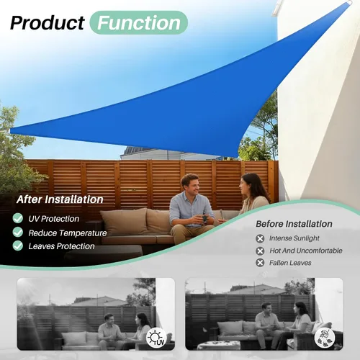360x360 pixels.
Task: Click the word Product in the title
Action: tap(48, 23)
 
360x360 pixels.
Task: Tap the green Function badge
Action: tap(138, 22)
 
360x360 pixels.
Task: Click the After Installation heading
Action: tap(60, 199)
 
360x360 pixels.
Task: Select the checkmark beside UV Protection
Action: tap(18, 218)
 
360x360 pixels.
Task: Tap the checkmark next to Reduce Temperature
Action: tap(18, 232)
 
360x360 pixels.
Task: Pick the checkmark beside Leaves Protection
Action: tap(18, 246)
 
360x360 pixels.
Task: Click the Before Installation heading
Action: tap(294, 224)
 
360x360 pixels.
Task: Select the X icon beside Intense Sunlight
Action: tap(260, 238)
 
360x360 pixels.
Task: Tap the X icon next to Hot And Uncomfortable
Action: tap(260, 251)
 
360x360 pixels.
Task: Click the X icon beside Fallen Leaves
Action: tap(260, 263)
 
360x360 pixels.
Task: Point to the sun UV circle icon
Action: tap(156, 338)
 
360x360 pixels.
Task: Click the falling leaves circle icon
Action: tap(325, 338)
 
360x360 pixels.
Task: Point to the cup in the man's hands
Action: tap(204, 218)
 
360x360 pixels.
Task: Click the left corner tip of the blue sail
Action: tap(10, 131)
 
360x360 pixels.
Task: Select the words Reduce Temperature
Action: tap(68, 233)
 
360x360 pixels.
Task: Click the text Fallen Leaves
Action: tap(290, 263)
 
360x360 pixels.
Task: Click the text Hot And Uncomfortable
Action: tap(306, 251)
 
